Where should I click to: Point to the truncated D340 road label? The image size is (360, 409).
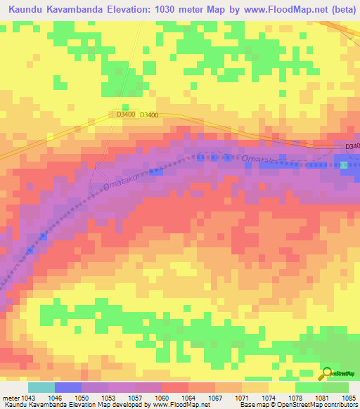coord(352,146)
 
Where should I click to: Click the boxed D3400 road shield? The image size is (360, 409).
coord(125,114)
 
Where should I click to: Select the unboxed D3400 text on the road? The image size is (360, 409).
coord(148,115)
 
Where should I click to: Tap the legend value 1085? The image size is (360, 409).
coord(349,397)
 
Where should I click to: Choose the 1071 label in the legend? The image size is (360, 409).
coord(243,397)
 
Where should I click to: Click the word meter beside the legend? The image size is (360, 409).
coord(10,397)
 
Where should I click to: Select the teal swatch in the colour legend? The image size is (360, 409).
coord(41,387)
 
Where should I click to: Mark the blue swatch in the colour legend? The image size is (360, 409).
coord(68,387)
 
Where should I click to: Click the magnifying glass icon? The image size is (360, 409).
coord(325,374)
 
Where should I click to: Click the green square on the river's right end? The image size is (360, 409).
coord(344,165)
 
